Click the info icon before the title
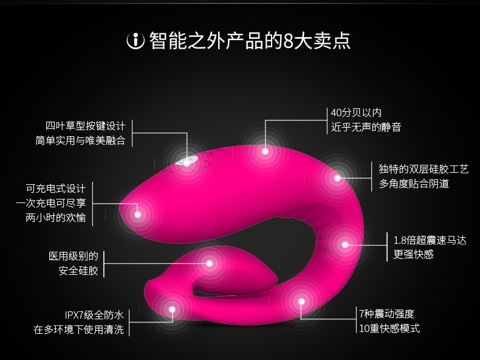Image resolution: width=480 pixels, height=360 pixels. point(135,41)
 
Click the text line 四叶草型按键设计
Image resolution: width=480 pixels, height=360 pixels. point(85,126)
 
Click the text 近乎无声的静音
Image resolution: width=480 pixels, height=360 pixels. point(366,127)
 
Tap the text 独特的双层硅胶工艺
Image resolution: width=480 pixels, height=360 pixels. point(414,168)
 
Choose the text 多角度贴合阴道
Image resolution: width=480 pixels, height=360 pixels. point(414,183)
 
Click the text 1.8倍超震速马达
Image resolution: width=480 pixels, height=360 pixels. point(430,240)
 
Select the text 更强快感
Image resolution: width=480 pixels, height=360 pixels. point(414,254)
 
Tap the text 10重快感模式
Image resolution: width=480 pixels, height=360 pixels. point(389,329)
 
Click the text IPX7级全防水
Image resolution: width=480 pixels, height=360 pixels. point(94,315)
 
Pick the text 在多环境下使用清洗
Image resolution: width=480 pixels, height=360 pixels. point(78,330)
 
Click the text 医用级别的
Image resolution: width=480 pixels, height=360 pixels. point(74,256)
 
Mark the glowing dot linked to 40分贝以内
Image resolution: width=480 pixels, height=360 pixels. point(265,151)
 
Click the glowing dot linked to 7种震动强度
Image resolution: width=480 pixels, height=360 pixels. point(301,300)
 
